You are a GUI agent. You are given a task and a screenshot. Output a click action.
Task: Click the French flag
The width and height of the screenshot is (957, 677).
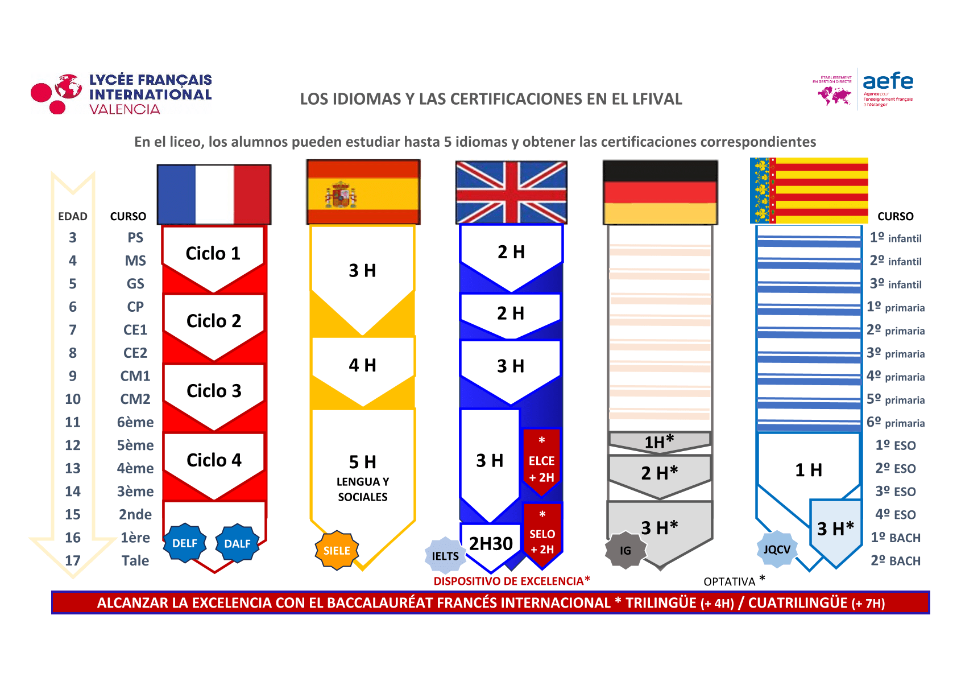[214, 195]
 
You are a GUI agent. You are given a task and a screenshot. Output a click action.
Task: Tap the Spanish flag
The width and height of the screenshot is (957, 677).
[363, 192]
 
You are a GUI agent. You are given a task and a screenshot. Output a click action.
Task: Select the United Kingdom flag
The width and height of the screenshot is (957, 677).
[511, 192]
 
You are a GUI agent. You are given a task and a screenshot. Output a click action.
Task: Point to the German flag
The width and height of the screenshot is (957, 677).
[660, 192]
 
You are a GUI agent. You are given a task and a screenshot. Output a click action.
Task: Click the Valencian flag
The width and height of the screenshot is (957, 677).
[809, 191]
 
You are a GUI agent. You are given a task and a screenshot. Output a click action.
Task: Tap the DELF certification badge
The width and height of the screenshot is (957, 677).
[185, 543]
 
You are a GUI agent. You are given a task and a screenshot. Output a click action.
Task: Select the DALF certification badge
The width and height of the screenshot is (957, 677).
[237, 543]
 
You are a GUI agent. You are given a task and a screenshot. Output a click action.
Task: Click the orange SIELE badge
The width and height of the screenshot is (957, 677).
[337, 551]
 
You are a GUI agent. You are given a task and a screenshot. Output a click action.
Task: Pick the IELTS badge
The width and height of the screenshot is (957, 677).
[445, 556]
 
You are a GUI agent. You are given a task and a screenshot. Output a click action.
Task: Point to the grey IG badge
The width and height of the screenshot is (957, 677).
[625, 550]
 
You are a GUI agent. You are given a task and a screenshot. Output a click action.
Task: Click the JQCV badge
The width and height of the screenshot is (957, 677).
[777, 550]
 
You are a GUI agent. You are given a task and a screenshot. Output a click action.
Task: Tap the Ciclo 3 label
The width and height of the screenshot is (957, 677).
[214, 391]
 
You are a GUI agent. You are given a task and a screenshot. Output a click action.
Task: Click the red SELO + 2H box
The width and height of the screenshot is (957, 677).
[542, 535]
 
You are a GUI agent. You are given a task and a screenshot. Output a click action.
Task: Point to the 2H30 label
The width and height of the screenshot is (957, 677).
[491, 544]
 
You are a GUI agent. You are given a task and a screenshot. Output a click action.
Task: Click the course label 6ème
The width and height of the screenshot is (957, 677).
[135, 422]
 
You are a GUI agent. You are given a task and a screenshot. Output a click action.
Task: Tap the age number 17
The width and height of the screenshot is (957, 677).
[73, 561]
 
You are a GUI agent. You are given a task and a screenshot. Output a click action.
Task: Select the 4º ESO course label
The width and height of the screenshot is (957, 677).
[896, 514]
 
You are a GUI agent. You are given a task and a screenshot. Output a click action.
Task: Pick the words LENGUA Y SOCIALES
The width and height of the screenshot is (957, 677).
[363, 489]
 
